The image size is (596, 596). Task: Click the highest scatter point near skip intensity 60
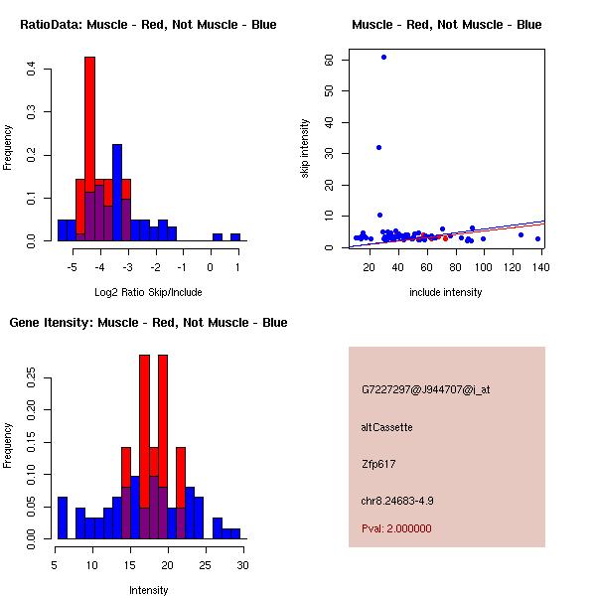pos(383,57)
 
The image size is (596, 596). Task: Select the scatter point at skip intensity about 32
pos(379,147)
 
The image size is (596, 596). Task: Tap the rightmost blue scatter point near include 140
pos(537,238)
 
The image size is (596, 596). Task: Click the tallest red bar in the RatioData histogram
pos(89,149)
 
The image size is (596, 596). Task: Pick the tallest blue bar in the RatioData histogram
pos(117,193)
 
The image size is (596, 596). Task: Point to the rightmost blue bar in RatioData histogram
pos(235,237)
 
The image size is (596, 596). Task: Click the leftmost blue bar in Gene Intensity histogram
pos(63,518)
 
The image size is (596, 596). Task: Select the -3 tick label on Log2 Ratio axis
pos(127,267)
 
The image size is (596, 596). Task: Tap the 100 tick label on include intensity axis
pos(483,267)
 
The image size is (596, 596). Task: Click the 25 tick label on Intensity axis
pos(205,565)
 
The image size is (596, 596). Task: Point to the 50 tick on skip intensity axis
pos(329,90)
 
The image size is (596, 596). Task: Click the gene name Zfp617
pos(378,464)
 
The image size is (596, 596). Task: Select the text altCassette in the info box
pos(386,427)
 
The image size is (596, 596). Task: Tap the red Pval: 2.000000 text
pos(396,528)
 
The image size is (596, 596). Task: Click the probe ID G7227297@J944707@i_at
pos(426,389)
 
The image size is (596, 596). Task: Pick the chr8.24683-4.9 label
pos(397,501)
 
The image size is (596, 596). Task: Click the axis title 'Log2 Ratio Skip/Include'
pos(148,292)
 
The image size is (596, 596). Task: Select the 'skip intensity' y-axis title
pos(305,148)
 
